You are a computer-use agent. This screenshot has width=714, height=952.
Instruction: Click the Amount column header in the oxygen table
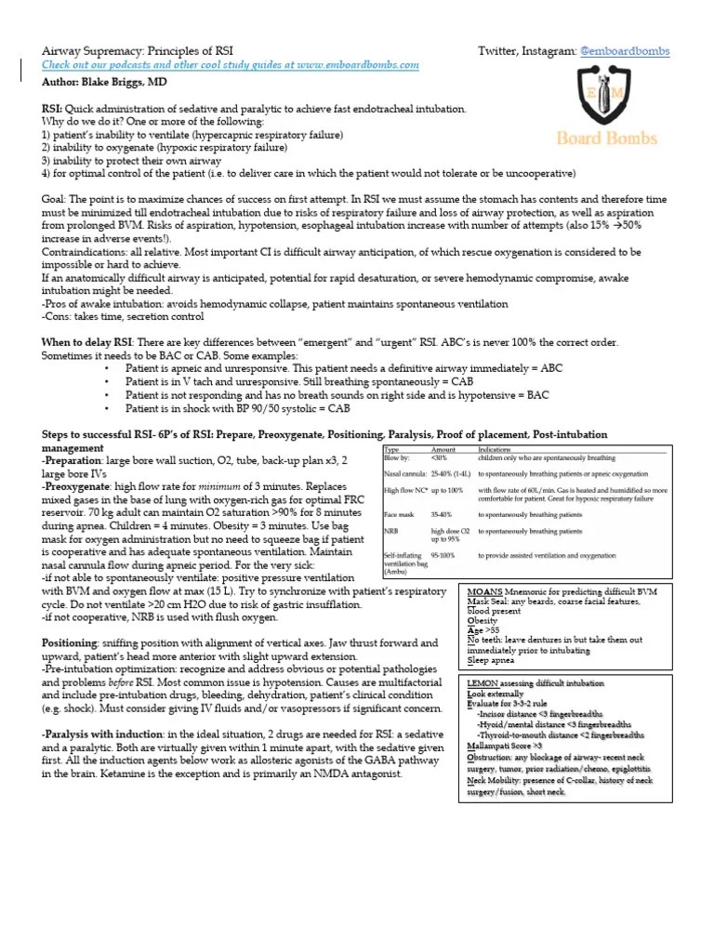(443, 449)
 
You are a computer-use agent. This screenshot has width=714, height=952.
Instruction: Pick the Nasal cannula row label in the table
(404, 473)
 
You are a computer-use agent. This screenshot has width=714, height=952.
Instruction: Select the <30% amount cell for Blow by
(440, 457)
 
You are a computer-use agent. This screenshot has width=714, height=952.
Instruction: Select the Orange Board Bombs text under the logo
(606, 138)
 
